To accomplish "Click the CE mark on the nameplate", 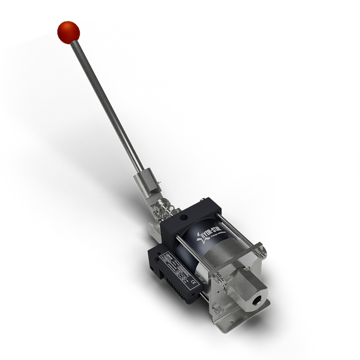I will pyautogui.click(x=194, y=282).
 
